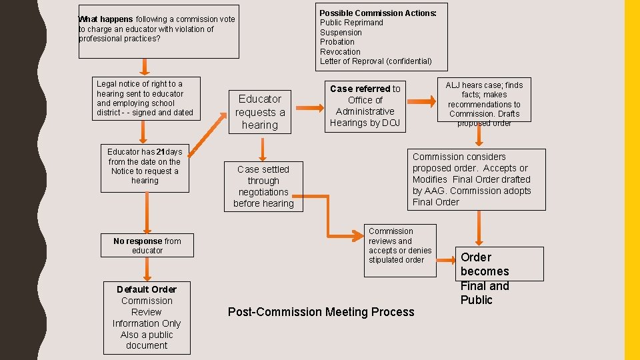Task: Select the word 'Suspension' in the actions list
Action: click(x=341, y=32)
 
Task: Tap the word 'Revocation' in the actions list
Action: click(x=340, y=51)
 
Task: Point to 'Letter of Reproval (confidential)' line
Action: click(x=375, y=61)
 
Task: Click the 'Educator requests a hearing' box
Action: click(x=259, y=112)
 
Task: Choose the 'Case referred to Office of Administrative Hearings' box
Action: click(x=365, y=106)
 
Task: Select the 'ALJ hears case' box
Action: click(x=484, y=103)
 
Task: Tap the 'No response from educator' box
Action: click(x=147, y=246)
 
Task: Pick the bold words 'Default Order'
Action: click(x=147, y=289)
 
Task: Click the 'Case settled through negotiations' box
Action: click(x=263, y=187)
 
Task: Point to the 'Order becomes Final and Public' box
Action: click(x=485, y=278)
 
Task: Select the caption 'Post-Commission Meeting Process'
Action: click(x=321, y=311)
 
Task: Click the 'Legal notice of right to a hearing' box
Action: click(x=145, y=99)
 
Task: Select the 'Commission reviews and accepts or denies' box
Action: click(x=400, y=246)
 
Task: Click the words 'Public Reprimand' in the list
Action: click(x=351, y=23)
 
